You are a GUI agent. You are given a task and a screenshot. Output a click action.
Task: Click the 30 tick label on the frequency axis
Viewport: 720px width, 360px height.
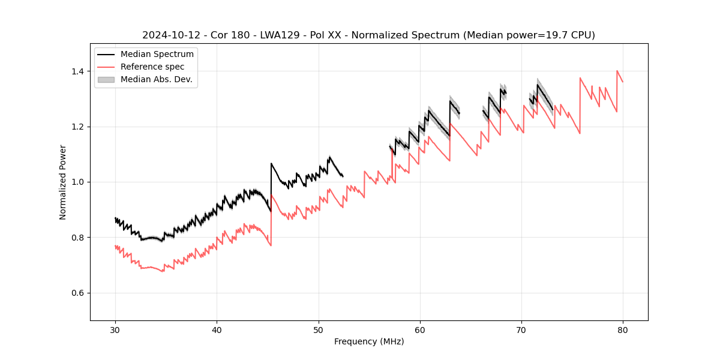point(115,329)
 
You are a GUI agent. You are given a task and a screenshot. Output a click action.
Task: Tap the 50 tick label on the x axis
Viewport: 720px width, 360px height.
point(318,329)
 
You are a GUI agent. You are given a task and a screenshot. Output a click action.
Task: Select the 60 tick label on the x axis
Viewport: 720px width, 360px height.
point(419,329)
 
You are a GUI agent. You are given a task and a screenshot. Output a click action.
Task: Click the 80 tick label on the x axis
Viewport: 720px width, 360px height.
point(623,329)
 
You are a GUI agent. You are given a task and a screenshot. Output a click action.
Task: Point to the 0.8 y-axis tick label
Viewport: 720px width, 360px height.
point(79,238)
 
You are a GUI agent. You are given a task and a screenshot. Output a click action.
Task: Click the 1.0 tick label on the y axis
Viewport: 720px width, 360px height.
point(79,182)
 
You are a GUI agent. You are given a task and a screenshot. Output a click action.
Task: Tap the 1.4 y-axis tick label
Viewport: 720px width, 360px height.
point(79,71)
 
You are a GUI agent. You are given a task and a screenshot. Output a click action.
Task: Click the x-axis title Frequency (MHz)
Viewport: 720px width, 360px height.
point(369,341)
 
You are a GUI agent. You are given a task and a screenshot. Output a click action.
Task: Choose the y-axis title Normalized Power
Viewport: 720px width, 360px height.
point(63,182)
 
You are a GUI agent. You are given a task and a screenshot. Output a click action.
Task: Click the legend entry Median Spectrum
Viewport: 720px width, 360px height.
point(157,55)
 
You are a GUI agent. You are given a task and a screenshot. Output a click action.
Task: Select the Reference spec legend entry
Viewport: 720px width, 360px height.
point(152,67)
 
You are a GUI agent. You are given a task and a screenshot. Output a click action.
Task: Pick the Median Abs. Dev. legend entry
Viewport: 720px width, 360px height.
point(156,79)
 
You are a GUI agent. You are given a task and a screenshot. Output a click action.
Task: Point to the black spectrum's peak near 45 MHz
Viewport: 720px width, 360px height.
point(271,163)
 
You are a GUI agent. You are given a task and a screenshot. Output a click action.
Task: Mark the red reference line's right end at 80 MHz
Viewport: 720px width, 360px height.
point(623,82)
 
